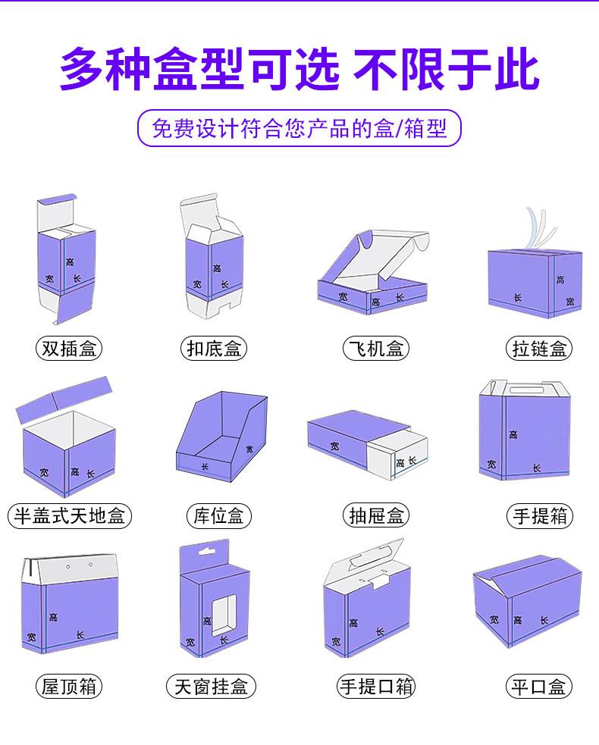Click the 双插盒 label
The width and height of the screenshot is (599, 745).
(69, 349)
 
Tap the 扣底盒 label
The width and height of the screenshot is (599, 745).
(214, 349)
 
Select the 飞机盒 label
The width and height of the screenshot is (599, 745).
(376, 349)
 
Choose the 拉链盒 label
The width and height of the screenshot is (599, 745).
(539, 349)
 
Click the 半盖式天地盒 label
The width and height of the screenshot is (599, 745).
(70, 516)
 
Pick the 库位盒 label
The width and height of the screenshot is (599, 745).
(218, 516)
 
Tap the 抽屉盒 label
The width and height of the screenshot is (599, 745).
(376, 516)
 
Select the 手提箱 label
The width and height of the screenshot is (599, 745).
(540, 516)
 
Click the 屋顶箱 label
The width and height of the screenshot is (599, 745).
(69, 687)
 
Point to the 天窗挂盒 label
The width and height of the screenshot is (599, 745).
(211, 687)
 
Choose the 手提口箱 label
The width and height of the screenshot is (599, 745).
(376, 687)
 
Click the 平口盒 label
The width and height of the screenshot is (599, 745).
(538, 687)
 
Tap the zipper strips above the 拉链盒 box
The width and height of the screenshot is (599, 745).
(540, 230)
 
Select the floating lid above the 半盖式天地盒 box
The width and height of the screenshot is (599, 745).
(64, 400)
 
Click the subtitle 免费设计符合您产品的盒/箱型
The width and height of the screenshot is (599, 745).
(299, 128)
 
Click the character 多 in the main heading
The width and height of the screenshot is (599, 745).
(81, 70)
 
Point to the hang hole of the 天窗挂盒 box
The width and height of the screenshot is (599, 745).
(206, 552)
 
